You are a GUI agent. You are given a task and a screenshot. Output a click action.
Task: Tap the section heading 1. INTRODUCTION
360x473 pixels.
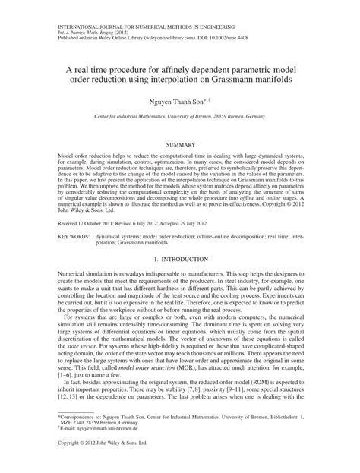pyautogui.click(x=180, y=260)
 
